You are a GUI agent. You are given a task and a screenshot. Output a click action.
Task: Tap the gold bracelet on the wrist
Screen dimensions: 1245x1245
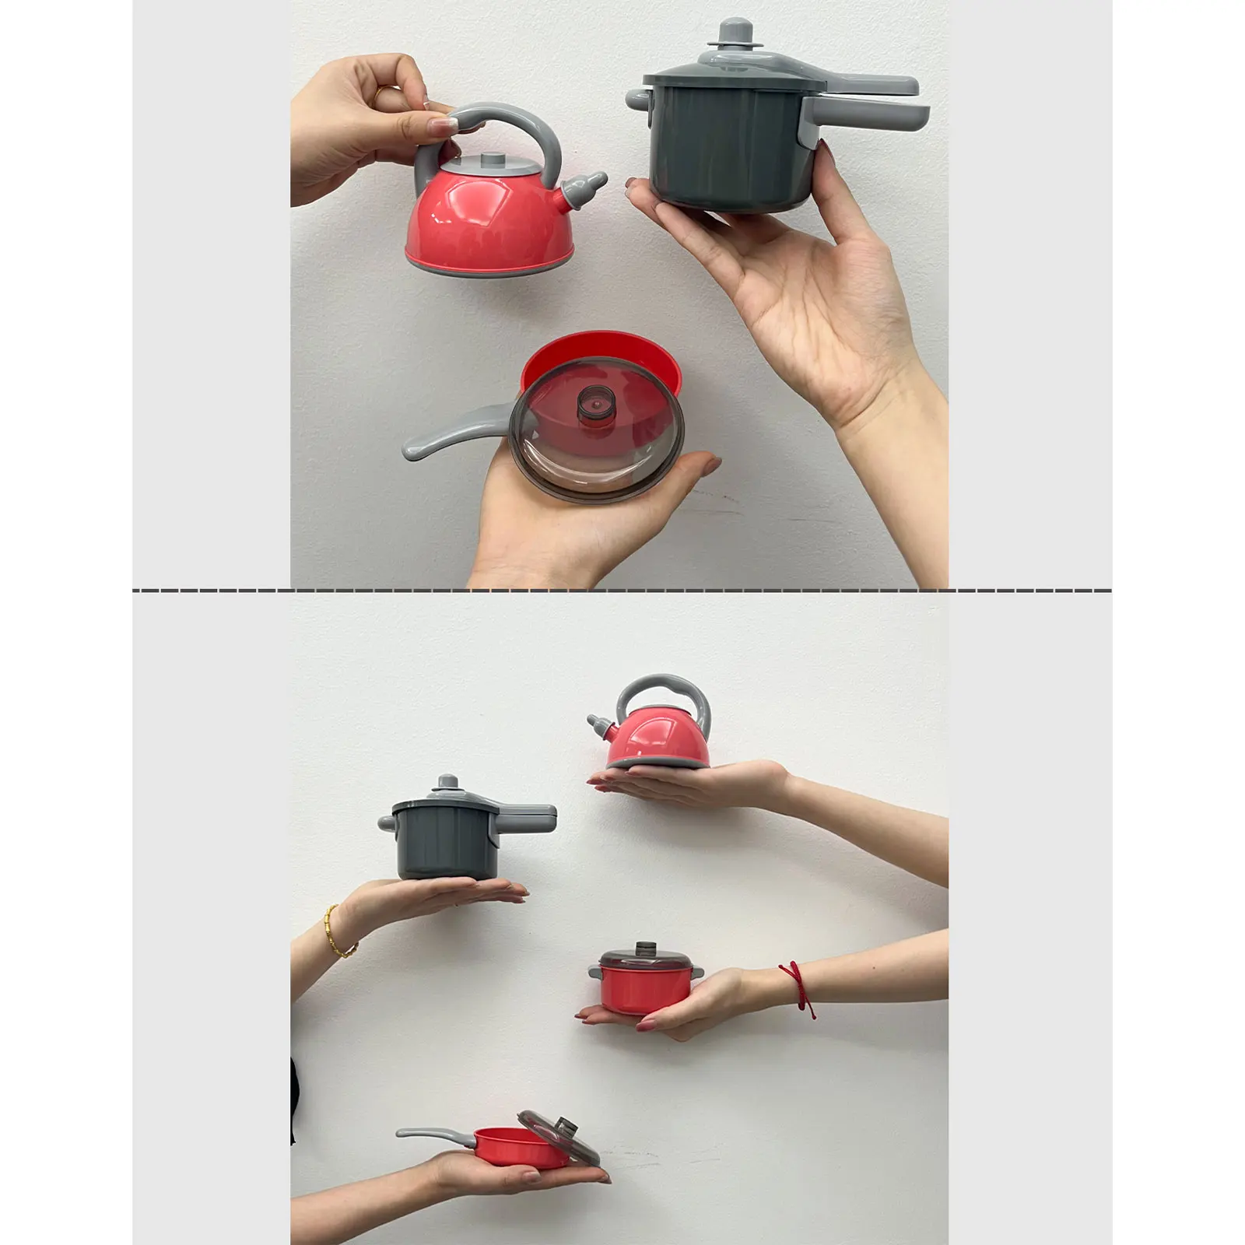(341, 931)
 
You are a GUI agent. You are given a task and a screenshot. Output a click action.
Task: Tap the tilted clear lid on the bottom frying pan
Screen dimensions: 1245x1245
(559, 1134)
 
